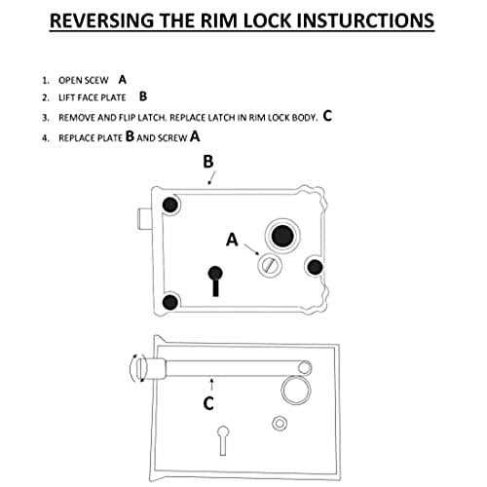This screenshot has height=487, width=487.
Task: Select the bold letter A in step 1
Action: click(122, 77)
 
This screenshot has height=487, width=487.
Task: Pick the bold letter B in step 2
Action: click(143, 96)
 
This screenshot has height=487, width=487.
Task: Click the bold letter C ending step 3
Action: click(327, 116)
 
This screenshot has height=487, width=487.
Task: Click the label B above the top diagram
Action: click(207, 165)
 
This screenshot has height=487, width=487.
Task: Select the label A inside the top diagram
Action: click(231, 238)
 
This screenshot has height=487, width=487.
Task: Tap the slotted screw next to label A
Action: click(268, 264)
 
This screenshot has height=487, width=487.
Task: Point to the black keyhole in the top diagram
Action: click(216, 277)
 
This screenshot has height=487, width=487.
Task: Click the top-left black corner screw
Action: click(170, 206)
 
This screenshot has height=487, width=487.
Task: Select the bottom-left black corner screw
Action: click(170, 303)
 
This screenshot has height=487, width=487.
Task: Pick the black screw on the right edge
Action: click(314, 266)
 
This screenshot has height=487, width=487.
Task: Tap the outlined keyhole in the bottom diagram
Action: click(225, 433)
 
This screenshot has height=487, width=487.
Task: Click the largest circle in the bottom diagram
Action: click(293, 392)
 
